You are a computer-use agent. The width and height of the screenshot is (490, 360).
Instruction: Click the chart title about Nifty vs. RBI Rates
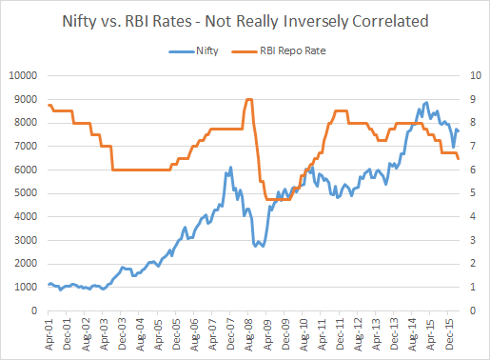(x=244, y=20)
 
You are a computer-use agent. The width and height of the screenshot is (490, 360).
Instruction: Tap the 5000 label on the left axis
(x=26, y=193)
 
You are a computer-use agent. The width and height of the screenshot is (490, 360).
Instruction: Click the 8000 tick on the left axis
(x=26, y=123)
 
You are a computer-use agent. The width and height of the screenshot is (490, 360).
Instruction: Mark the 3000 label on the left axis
(x=26, y=240)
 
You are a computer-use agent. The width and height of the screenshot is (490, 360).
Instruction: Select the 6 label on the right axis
(x=473, y=170)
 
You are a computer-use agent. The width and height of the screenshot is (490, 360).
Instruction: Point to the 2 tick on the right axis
(x=473, y=264)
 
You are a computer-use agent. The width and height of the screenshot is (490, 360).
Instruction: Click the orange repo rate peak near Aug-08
(x=248, y=99)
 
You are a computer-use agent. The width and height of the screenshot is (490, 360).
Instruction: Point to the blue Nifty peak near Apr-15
(x=426, y=102)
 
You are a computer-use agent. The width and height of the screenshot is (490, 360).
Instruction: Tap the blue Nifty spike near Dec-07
(x=230, y=168)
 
